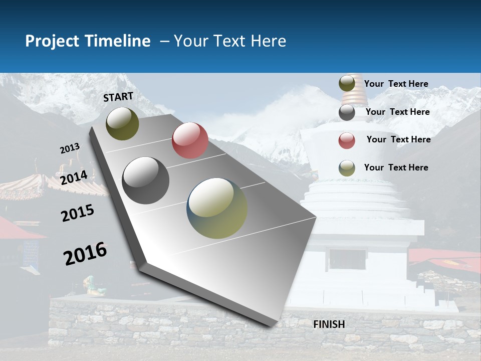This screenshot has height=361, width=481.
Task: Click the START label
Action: point(118,97)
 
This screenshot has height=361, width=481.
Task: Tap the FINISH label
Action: point(329,324)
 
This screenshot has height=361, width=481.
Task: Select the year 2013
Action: point(70,148)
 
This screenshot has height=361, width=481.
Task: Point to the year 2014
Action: point(74,177)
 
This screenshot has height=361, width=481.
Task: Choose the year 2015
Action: point(78,213)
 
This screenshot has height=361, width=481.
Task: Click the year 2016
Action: point(85,254)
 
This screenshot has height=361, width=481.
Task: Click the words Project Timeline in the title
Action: point(88,41)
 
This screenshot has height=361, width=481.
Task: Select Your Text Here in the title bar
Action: point(230,41)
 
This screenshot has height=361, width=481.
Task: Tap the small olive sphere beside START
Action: point(122,123)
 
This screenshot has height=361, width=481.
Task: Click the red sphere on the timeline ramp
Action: point(190,140)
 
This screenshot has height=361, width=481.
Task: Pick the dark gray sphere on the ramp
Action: point(146,180)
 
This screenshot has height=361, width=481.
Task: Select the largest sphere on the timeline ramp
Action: point(217,208)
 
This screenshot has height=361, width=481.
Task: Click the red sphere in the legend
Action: point(347,140)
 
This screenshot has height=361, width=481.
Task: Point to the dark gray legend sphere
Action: point(347,112)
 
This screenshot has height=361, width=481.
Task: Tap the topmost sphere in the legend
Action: point(347,84)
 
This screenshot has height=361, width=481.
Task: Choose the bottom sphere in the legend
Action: point(347,168)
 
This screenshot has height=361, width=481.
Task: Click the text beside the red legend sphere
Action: point(398,139)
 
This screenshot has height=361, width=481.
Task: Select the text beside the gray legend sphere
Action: point(397,112)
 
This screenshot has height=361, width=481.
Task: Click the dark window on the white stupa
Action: point(347,259)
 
